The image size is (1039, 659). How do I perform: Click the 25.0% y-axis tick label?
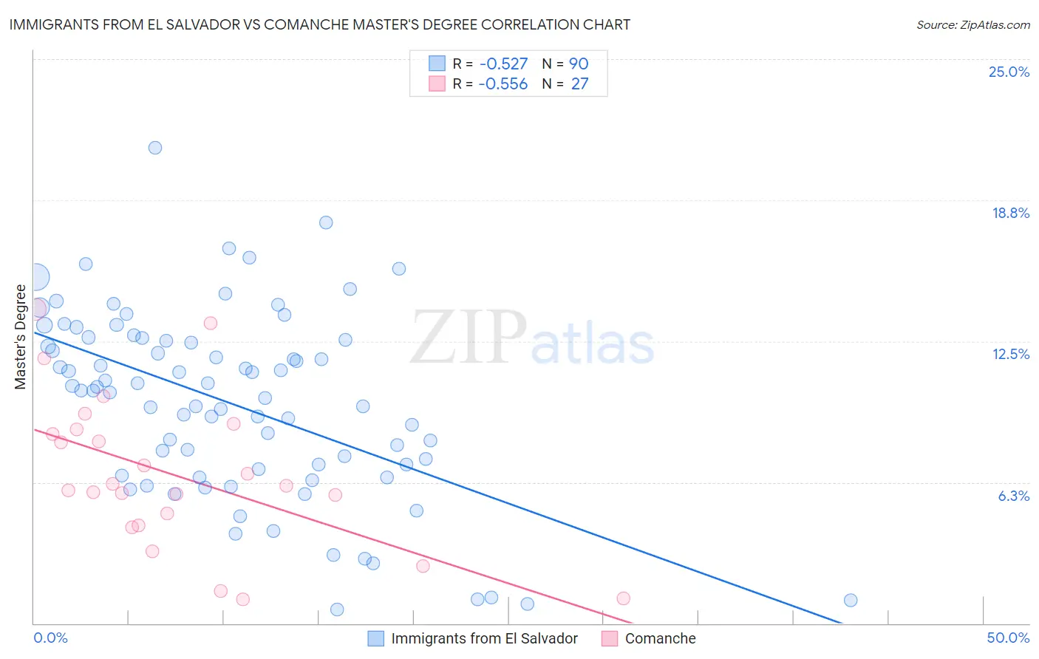tap(1009, 72)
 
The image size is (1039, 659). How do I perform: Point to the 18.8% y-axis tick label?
tap(1010, 213)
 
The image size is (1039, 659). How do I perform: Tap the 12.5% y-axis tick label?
tap(1010, 354)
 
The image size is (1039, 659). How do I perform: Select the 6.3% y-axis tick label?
tap(1013, 496)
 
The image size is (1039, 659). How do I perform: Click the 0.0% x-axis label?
tap(50, 638)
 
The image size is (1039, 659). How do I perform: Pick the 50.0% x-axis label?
tap(1008, 638)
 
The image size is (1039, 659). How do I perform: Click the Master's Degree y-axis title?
tap(20, 337)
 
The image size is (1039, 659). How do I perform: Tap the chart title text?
tap(320, 24)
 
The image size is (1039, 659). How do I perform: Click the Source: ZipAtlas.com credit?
tap(972, 24)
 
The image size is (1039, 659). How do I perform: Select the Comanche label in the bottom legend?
tap(660, 638)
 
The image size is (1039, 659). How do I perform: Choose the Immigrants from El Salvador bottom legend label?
tap(484, 638)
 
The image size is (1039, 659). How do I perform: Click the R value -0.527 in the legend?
tap(503, 64)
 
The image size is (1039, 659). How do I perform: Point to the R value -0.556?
tap(503, 84)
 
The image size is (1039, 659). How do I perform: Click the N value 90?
tap(579, 64)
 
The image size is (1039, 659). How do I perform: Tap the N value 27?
tap(579, 84)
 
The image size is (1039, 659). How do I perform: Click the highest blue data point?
tap(155, 148)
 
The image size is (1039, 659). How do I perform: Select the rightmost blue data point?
tap(851, 600)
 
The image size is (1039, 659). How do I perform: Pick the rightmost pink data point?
tap(623, 598)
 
